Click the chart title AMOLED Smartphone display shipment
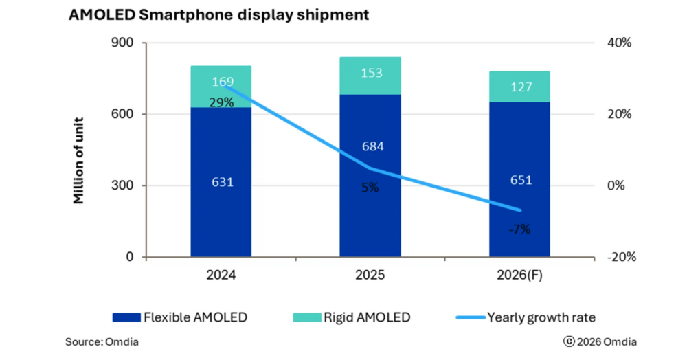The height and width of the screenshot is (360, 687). pyautogui.click(x=218, y=15)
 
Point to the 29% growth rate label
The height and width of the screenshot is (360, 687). pyautogui.click(x=221, y=103)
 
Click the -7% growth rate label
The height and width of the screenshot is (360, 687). pyautogui.click(x=519, y=229)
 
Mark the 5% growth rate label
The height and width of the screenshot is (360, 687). pyautogui.click(x=370, y=187)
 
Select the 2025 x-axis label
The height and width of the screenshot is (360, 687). pyautogui.click(x=370, y=276)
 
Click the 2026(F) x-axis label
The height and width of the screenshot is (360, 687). pyautogui.click(x=519, y=276)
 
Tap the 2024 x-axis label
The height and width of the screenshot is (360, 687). pyautogui.click(x=221, y=276)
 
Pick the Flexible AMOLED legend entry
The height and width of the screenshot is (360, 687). pyautogui.click(x=180, y=317)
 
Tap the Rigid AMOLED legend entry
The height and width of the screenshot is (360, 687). pyautogui.click(x=352, y=317)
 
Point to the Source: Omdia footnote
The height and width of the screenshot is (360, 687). pyautogui.click(x=102, y=341)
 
